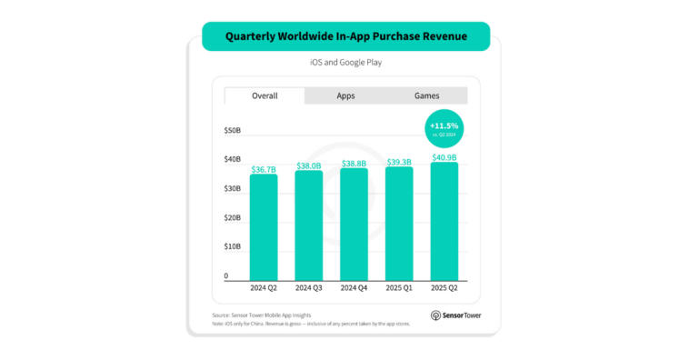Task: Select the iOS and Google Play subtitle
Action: tap(344, 64)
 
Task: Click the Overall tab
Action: tap(265, 95)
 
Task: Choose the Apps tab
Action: tap(345, 95)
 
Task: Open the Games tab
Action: tap(427, 95)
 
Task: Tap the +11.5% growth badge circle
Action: tap(444, 128)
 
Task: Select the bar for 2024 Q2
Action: tap(264, 227)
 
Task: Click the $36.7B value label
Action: tap(264, 168)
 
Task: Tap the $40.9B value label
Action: tap(444, 157)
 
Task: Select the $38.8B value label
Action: tap(354, 164)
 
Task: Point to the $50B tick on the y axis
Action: tap(233, 131)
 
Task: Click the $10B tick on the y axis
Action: tap(233, 247)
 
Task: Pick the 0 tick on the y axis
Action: tap(227, 276)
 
